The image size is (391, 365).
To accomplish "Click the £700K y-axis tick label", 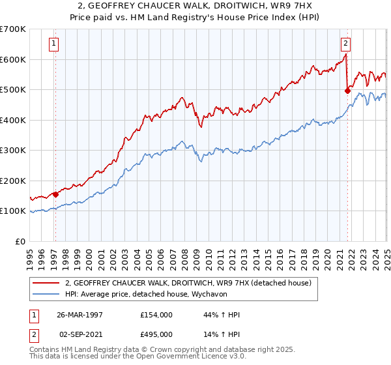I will tap(13, 29).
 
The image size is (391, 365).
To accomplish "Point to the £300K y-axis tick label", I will tap(13, 151).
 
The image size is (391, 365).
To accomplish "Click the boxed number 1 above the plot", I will tap(53, 44).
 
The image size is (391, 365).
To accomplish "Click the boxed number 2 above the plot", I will tap(345, 44).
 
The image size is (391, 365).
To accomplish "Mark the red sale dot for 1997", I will tap(55, 194).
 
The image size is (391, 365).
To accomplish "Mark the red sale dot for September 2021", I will tap(347, 92).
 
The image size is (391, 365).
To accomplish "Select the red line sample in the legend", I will tap(46, 283).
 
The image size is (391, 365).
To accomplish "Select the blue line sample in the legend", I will tap(46, 294).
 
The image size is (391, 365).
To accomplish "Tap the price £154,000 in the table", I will tap(156, 315).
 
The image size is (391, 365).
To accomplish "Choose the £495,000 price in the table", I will tap(156, 334).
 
